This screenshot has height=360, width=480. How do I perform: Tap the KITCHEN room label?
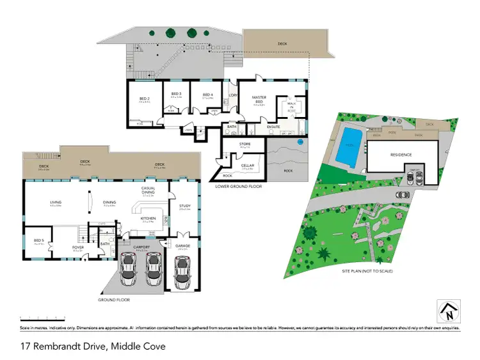(148, 218)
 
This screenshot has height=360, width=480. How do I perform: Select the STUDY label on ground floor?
(186, 205)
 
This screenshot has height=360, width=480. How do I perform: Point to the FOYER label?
(77, 248)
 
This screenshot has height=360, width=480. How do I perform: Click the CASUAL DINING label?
(148, 189)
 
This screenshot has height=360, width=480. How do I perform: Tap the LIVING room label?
(56, 203)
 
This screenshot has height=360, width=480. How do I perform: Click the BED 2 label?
(144, 98)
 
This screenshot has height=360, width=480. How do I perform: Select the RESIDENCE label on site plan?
(401, 155)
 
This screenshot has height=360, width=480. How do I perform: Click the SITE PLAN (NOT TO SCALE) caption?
(367, 271)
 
